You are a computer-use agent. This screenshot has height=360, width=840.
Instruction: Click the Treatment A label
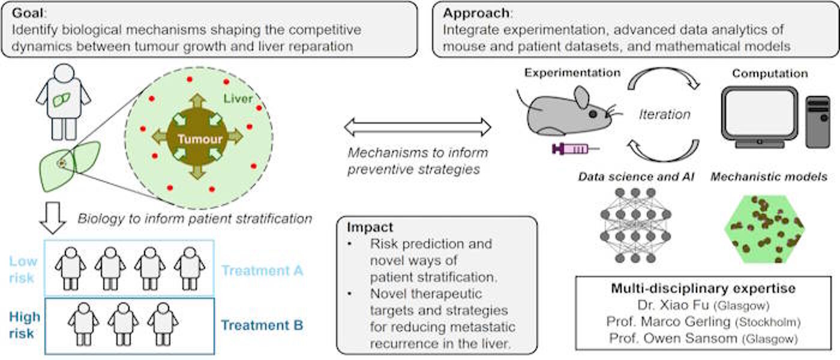(262, 271)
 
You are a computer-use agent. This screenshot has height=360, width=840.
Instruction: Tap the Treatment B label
(262, 326)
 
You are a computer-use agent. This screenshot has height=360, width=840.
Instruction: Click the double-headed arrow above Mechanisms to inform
(417, 127)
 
